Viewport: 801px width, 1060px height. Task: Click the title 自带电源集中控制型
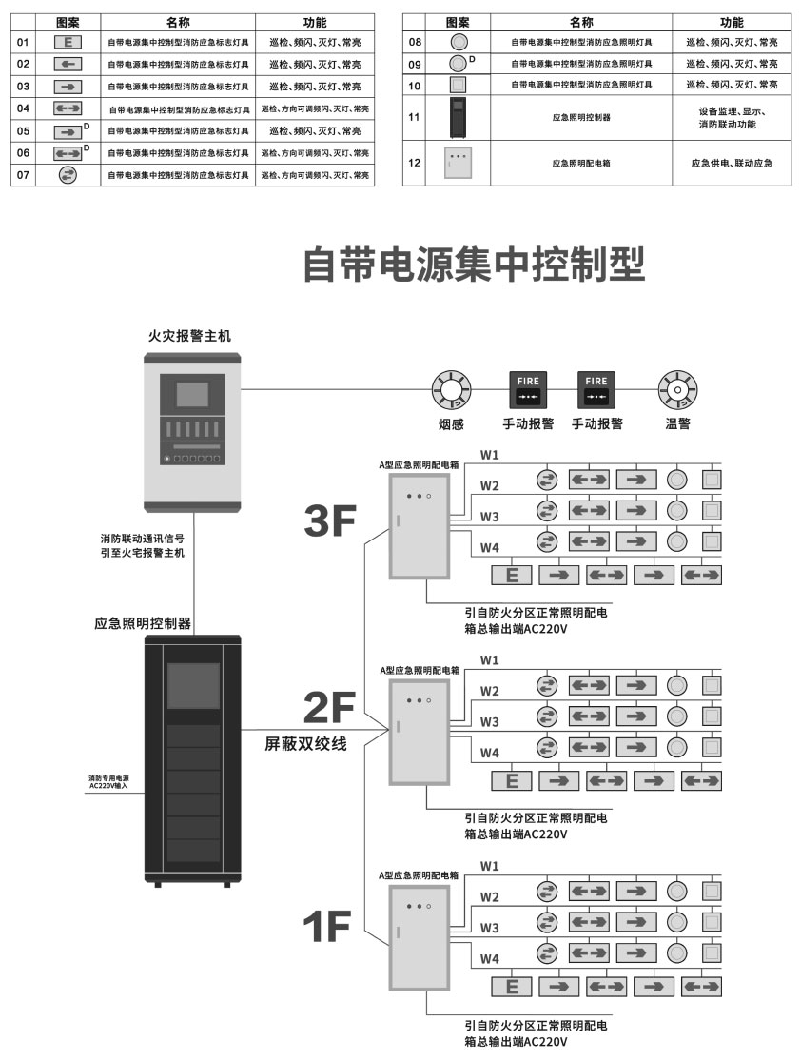coord(473,265)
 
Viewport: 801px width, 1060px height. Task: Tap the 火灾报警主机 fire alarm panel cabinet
coord(193,432)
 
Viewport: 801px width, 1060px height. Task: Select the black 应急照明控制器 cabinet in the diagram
coord(193,760)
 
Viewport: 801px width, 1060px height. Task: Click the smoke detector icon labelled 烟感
coord(451,389)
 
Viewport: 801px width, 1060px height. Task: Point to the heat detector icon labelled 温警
coord(678,389)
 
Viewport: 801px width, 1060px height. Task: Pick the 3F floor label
coord(330,520)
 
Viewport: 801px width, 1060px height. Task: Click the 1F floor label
coord(327,926)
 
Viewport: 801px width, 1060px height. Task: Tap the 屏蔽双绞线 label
coord(305,744)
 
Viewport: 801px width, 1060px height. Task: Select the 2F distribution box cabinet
coord(420,733)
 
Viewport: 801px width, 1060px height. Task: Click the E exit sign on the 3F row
coord(512,576)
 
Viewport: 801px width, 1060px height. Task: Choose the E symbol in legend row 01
coord(68,43)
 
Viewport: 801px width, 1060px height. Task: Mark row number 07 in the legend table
coord(23,175)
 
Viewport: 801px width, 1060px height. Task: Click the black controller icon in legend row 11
coord(459,118)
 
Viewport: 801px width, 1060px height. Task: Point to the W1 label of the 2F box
coord(489,659)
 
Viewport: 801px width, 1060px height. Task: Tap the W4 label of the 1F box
coord(489,958)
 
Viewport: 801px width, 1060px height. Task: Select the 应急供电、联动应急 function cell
coord(732,163)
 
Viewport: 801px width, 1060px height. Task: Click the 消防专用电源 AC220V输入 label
coord(108,782)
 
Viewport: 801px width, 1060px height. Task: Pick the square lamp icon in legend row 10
coord(459,86)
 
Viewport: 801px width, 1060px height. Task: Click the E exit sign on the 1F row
coord(512,987)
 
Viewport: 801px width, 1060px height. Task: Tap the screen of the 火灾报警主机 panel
coord(193,395)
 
